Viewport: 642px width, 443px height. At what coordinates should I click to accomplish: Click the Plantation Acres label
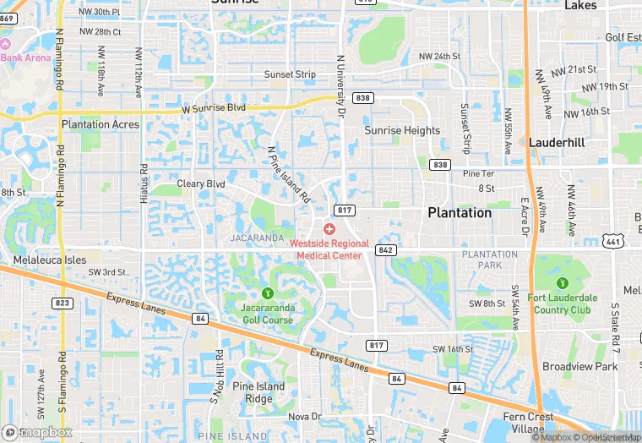pyautogui.click(x=101, y=124)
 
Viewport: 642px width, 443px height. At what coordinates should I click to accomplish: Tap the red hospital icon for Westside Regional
pyautogui.click(x=329, y=229)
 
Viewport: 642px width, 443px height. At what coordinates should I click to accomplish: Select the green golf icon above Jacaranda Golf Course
pyautogui.click(x=268, y=293)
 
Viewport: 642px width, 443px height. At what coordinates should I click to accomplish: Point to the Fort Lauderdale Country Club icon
pyautogui.click(x=563, y=282)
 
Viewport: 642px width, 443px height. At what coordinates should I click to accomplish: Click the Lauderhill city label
pyautogui.click(x=558, y=143)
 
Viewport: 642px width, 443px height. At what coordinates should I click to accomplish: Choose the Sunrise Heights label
pyautogui.click(x=402, y=130)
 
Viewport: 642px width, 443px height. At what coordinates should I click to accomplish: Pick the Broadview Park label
pyautogui.click(x=580, y=366)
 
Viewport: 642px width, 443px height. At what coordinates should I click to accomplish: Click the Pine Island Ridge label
pyautogui.click(x=265, y=392)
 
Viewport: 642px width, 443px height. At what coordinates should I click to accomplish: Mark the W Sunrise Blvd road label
pyautogui.click(x=214, y=109)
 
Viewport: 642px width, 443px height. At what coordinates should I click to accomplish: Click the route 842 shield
pyautogui.click(x=386, y=249)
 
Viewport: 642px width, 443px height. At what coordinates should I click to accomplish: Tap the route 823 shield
pyautogui.click(x=61, y=303)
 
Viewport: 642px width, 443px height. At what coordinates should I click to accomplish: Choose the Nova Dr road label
pyautogui.click(x=305, y=417)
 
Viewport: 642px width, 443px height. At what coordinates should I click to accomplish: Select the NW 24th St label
pyautogui.click(x=439, y=57)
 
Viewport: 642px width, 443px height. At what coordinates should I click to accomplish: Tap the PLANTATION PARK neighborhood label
pyautogui.click(x=490, y=260)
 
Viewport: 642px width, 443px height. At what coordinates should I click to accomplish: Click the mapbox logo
pyautogui.click(x=37, y=432)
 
